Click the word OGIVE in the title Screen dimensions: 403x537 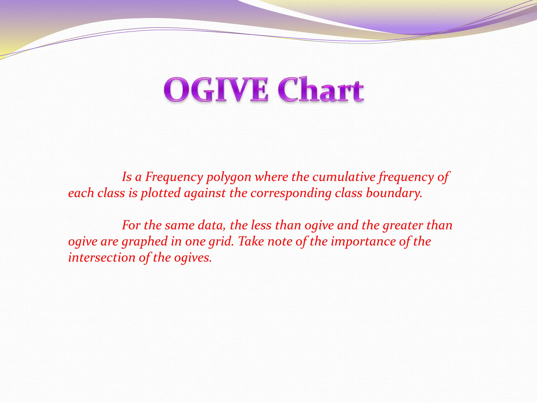[x=216, y=90]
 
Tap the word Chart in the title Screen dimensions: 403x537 [x=320, y=90]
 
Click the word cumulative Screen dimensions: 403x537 [x=344, y=177]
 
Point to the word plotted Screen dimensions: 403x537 [x=160, y=193]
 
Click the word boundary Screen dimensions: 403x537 [x=394, y=193]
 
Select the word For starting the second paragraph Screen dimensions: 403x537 [x=131, y=225]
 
